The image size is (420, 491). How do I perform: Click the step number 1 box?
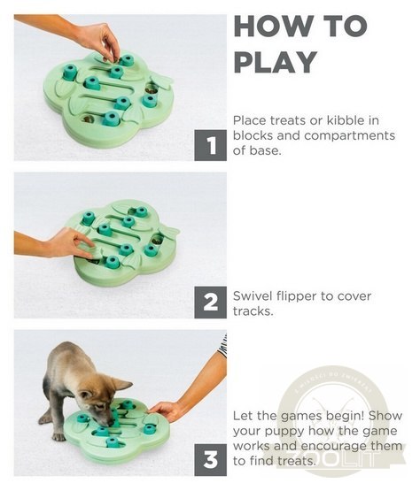[x=210, y=145]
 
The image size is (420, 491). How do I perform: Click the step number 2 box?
[x=210, y=303]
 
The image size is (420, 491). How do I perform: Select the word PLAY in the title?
[x=275, y=63]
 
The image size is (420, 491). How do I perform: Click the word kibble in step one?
[x=354, y=119]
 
